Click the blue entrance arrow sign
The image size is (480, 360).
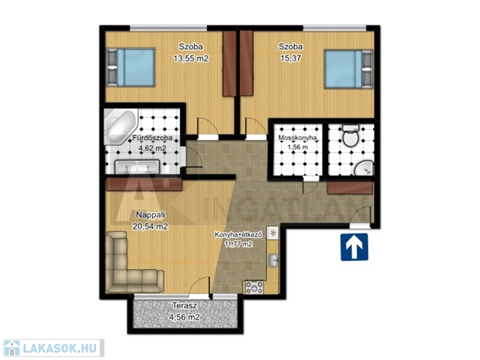coord(354,247)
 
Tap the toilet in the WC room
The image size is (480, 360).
coord(350,136)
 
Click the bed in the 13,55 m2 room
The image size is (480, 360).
coord(131,67)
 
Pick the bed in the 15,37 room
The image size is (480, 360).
coord(349,69)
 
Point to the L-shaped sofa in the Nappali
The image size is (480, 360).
coord(131,265)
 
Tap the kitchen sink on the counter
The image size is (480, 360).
coord(273,260)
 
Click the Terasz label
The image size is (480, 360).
coord(184,305)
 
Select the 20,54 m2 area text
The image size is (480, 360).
coord(151,227)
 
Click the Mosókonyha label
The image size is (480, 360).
coord(297,138)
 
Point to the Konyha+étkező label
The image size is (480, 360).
coord(238,235)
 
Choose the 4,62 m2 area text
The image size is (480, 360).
coord(152,149)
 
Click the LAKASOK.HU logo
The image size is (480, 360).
coord(53,348)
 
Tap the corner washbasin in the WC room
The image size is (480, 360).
coord(364,168)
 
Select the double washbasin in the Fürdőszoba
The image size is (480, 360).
coord(137,167)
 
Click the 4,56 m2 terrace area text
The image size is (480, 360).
coord(184,317)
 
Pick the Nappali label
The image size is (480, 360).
coord(151,215)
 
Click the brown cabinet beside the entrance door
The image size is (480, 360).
coord(350,188)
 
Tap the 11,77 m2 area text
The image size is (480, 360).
coord(238,244)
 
